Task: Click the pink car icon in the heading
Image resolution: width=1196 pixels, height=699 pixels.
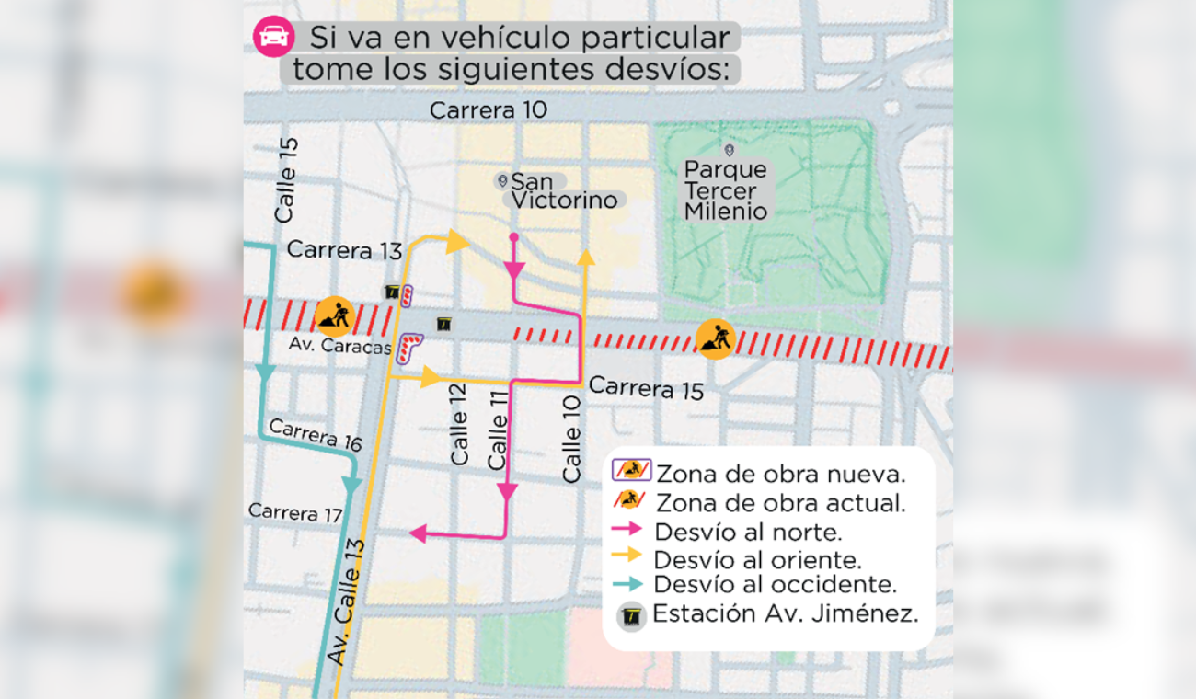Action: (273, 37)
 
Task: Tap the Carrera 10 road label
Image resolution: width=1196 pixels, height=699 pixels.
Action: (489, 110)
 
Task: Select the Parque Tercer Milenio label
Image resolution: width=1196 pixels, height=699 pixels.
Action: (726, 190)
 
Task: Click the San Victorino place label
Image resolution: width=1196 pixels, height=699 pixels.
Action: (564, 190)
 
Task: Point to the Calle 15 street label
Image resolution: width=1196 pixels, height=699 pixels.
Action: (286, 180)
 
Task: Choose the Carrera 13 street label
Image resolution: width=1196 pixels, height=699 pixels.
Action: (344, 249)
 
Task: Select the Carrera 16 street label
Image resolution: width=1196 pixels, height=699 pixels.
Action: (316, 435)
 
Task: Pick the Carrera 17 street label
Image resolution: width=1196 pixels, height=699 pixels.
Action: (295, 512)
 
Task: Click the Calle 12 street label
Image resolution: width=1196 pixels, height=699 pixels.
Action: (459, 423)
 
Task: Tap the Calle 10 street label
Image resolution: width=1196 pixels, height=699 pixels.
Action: (572, 439)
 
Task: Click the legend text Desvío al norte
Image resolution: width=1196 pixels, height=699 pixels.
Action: (748, 531)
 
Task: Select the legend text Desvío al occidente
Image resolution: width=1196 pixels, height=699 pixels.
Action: (775, 584)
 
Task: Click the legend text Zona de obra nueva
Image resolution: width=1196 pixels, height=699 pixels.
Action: (781, 474)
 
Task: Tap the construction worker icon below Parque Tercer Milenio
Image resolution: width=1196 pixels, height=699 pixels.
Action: (715, 338)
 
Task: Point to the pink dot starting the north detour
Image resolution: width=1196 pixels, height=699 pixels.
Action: (513, 237)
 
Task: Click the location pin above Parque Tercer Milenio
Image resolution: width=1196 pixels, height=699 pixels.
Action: (729, 149)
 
